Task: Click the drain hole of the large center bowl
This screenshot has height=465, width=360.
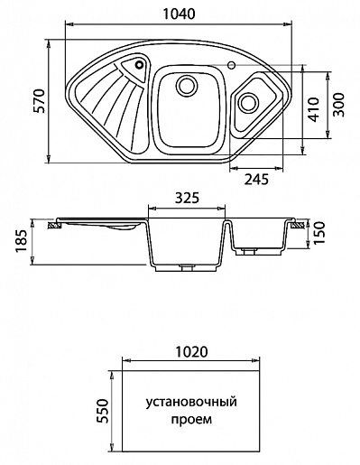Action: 187,85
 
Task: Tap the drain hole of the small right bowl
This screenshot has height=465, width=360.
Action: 246,102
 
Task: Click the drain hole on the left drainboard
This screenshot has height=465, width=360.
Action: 138,65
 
